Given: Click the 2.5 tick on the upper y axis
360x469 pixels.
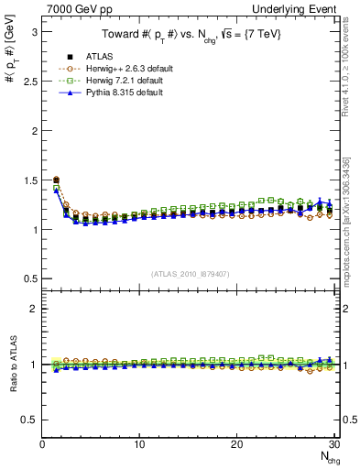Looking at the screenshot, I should [29, 81].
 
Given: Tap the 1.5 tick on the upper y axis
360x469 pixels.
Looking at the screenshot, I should [29, 180].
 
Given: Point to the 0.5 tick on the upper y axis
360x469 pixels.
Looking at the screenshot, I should [29, 278].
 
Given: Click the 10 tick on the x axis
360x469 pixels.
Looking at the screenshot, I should [139, 444].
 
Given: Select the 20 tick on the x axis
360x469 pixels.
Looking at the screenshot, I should [236, 444].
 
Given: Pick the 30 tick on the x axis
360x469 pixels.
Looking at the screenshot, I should [333, 444].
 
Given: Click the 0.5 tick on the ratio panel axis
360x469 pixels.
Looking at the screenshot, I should [29, 420].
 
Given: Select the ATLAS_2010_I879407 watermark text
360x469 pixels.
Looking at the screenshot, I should [190, 274].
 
